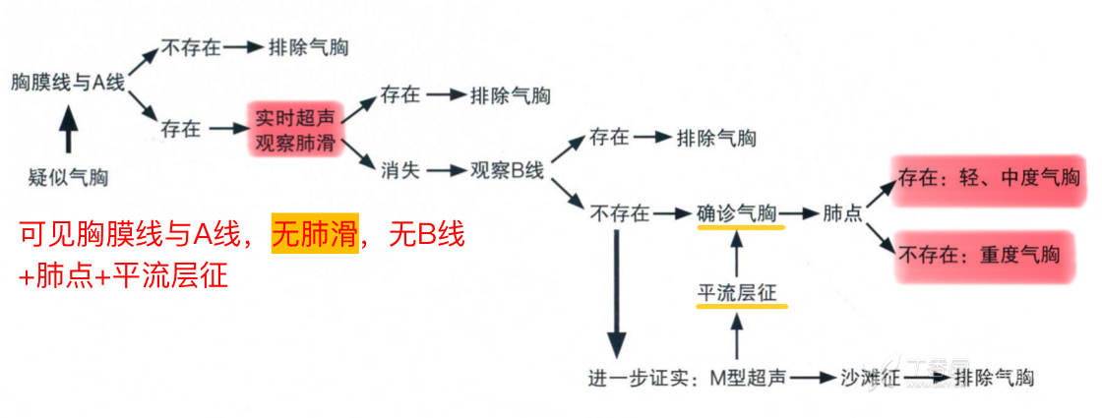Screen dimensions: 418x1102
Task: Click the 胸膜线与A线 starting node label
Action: pos(67,83)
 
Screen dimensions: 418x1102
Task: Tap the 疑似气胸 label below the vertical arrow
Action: pos(68,178)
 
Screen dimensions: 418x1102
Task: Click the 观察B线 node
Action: pos(506,170)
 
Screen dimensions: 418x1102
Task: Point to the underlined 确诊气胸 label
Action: pos(740,212)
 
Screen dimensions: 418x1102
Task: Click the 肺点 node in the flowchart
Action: pos(843,213)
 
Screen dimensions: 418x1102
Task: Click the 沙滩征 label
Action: pos(866,378)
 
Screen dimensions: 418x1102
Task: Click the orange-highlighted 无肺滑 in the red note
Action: pos(314,235)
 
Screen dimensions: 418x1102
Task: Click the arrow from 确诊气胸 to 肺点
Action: pos(799,213)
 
